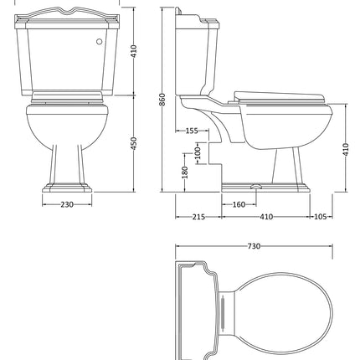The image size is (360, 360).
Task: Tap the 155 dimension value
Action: pos(191,131)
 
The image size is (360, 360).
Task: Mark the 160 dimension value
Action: pos(239,204)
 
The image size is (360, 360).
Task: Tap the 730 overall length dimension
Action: pos(255,246)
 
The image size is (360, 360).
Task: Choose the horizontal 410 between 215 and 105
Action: pos(266,218)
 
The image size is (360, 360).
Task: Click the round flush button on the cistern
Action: pos(100,39)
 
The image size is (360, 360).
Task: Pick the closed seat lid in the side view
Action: pos(276,95)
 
